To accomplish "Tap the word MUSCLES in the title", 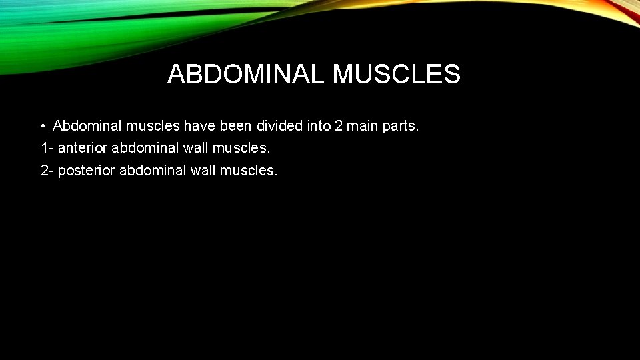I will [396, 75].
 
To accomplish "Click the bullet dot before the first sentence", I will [42, 126].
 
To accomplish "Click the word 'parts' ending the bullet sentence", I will [401, 126].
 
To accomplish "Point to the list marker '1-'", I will [47, 148].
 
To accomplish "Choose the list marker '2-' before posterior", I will [47, 171].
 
